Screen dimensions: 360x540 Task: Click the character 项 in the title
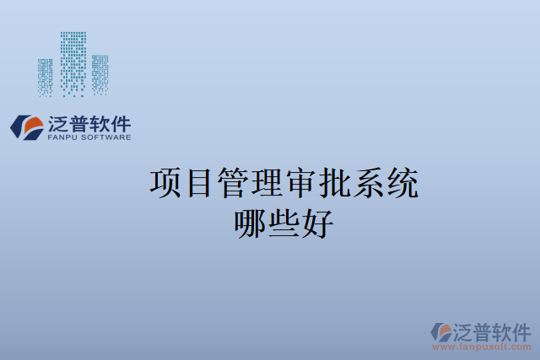tap(166, 183)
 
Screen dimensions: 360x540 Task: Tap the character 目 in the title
tap(200, 183)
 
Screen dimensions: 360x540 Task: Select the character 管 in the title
tap(234, 183)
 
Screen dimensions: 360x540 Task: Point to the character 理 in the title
tap(267, 183)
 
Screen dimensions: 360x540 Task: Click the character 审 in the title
tap(301, 183)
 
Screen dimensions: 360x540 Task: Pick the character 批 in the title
tap(335, 183)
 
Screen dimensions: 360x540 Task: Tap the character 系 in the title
tap(369, 183)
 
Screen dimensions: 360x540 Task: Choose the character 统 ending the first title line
tap(402, 183)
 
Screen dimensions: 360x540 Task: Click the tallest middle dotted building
tap(73, 63)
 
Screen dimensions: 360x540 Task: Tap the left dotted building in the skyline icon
tap(46, 77)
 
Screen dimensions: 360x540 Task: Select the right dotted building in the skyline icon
tap(100, 75)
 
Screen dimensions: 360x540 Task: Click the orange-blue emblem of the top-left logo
tap(27, 127)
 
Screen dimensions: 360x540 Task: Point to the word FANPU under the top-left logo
tap(63, 137)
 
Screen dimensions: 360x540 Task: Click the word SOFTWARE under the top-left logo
tap(105, 137)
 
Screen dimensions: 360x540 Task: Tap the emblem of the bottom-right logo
tap(441, 331)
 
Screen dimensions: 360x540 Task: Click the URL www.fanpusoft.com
tap(481, 347)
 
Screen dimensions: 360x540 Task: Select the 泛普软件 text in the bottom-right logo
tap(494, 330)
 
